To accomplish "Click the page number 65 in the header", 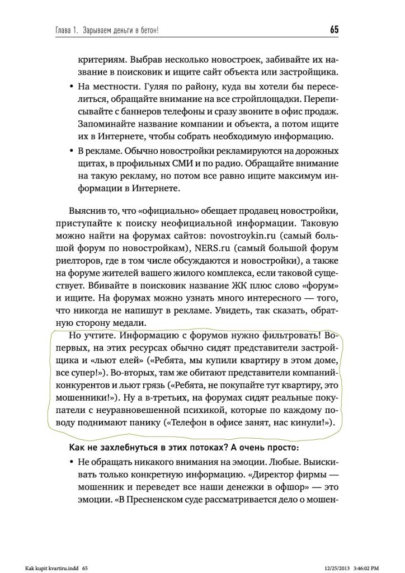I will tap(334, 29).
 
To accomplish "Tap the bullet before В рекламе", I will tap(72, 151).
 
